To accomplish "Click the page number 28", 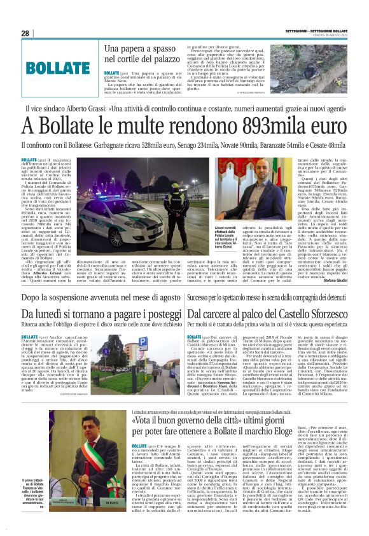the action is (x=25, y=33).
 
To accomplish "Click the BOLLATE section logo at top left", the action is (x=58, y=68).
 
